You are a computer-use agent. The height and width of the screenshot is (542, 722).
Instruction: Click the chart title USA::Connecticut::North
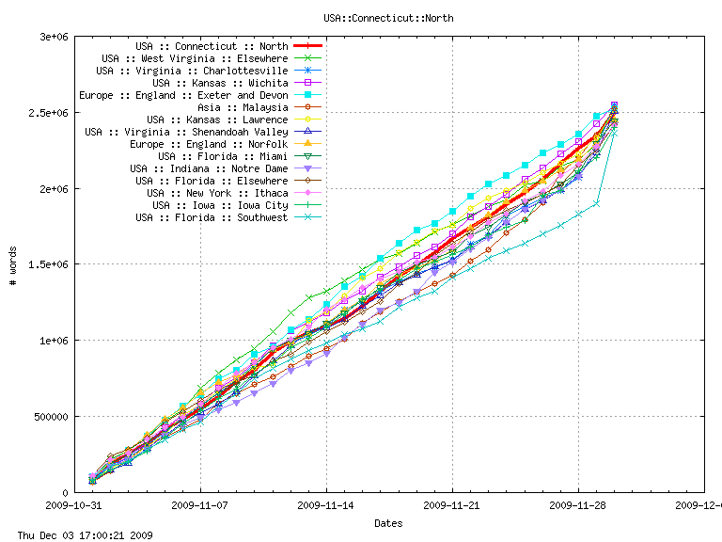point(387,18)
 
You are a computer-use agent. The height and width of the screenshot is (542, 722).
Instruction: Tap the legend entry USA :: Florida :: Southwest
point(212,217)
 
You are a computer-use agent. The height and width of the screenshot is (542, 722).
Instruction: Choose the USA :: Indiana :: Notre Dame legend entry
point(209,168)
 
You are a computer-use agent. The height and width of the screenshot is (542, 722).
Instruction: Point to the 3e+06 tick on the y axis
point(52,37)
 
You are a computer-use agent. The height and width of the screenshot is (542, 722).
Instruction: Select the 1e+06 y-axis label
point(52,341)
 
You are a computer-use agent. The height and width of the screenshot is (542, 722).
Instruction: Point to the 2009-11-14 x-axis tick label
point(326,505)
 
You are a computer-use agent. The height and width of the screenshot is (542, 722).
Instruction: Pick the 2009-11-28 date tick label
point(578,505)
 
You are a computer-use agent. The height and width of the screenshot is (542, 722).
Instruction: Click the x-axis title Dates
point(389,522)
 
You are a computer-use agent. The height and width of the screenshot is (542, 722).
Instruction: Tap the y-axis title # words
point(12,264)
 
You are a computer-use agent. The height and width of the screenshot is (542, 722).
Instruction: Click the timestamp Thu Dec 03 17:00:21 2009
point(78,534)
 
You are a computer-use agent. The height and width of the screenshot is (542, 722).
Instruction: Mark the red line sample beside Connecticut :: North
point(307,46)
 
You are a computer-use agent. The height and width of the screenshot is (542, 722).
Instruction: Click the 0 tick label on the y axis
point(63,493)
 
